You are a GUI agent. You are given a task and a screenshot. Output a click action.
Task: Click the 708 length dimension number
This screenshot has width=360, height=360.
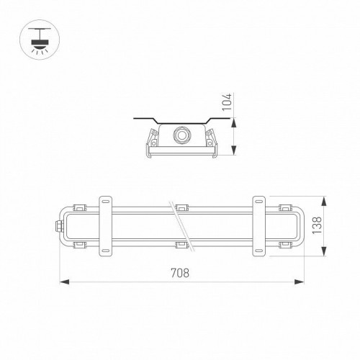(181, 272)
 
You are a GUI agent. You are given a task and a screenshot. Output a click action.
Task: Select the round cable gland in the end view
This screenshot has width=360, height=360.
(181, 134)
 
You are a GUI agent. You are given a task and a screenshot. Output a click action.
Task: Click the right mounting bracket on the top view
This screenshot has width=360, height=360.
(259, 225)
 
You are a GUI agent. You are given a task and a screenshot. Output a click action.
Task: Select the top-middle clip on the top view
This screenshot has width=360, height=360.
(181, 204)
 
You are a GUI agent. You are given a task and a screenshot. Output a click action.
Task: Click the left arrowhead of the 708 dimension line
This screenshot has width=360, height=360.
(60, 282)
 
